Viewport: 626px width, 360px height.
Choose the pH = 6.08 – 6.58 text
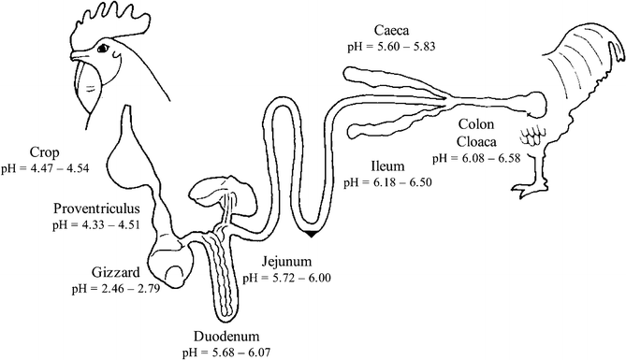(484, 158)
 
